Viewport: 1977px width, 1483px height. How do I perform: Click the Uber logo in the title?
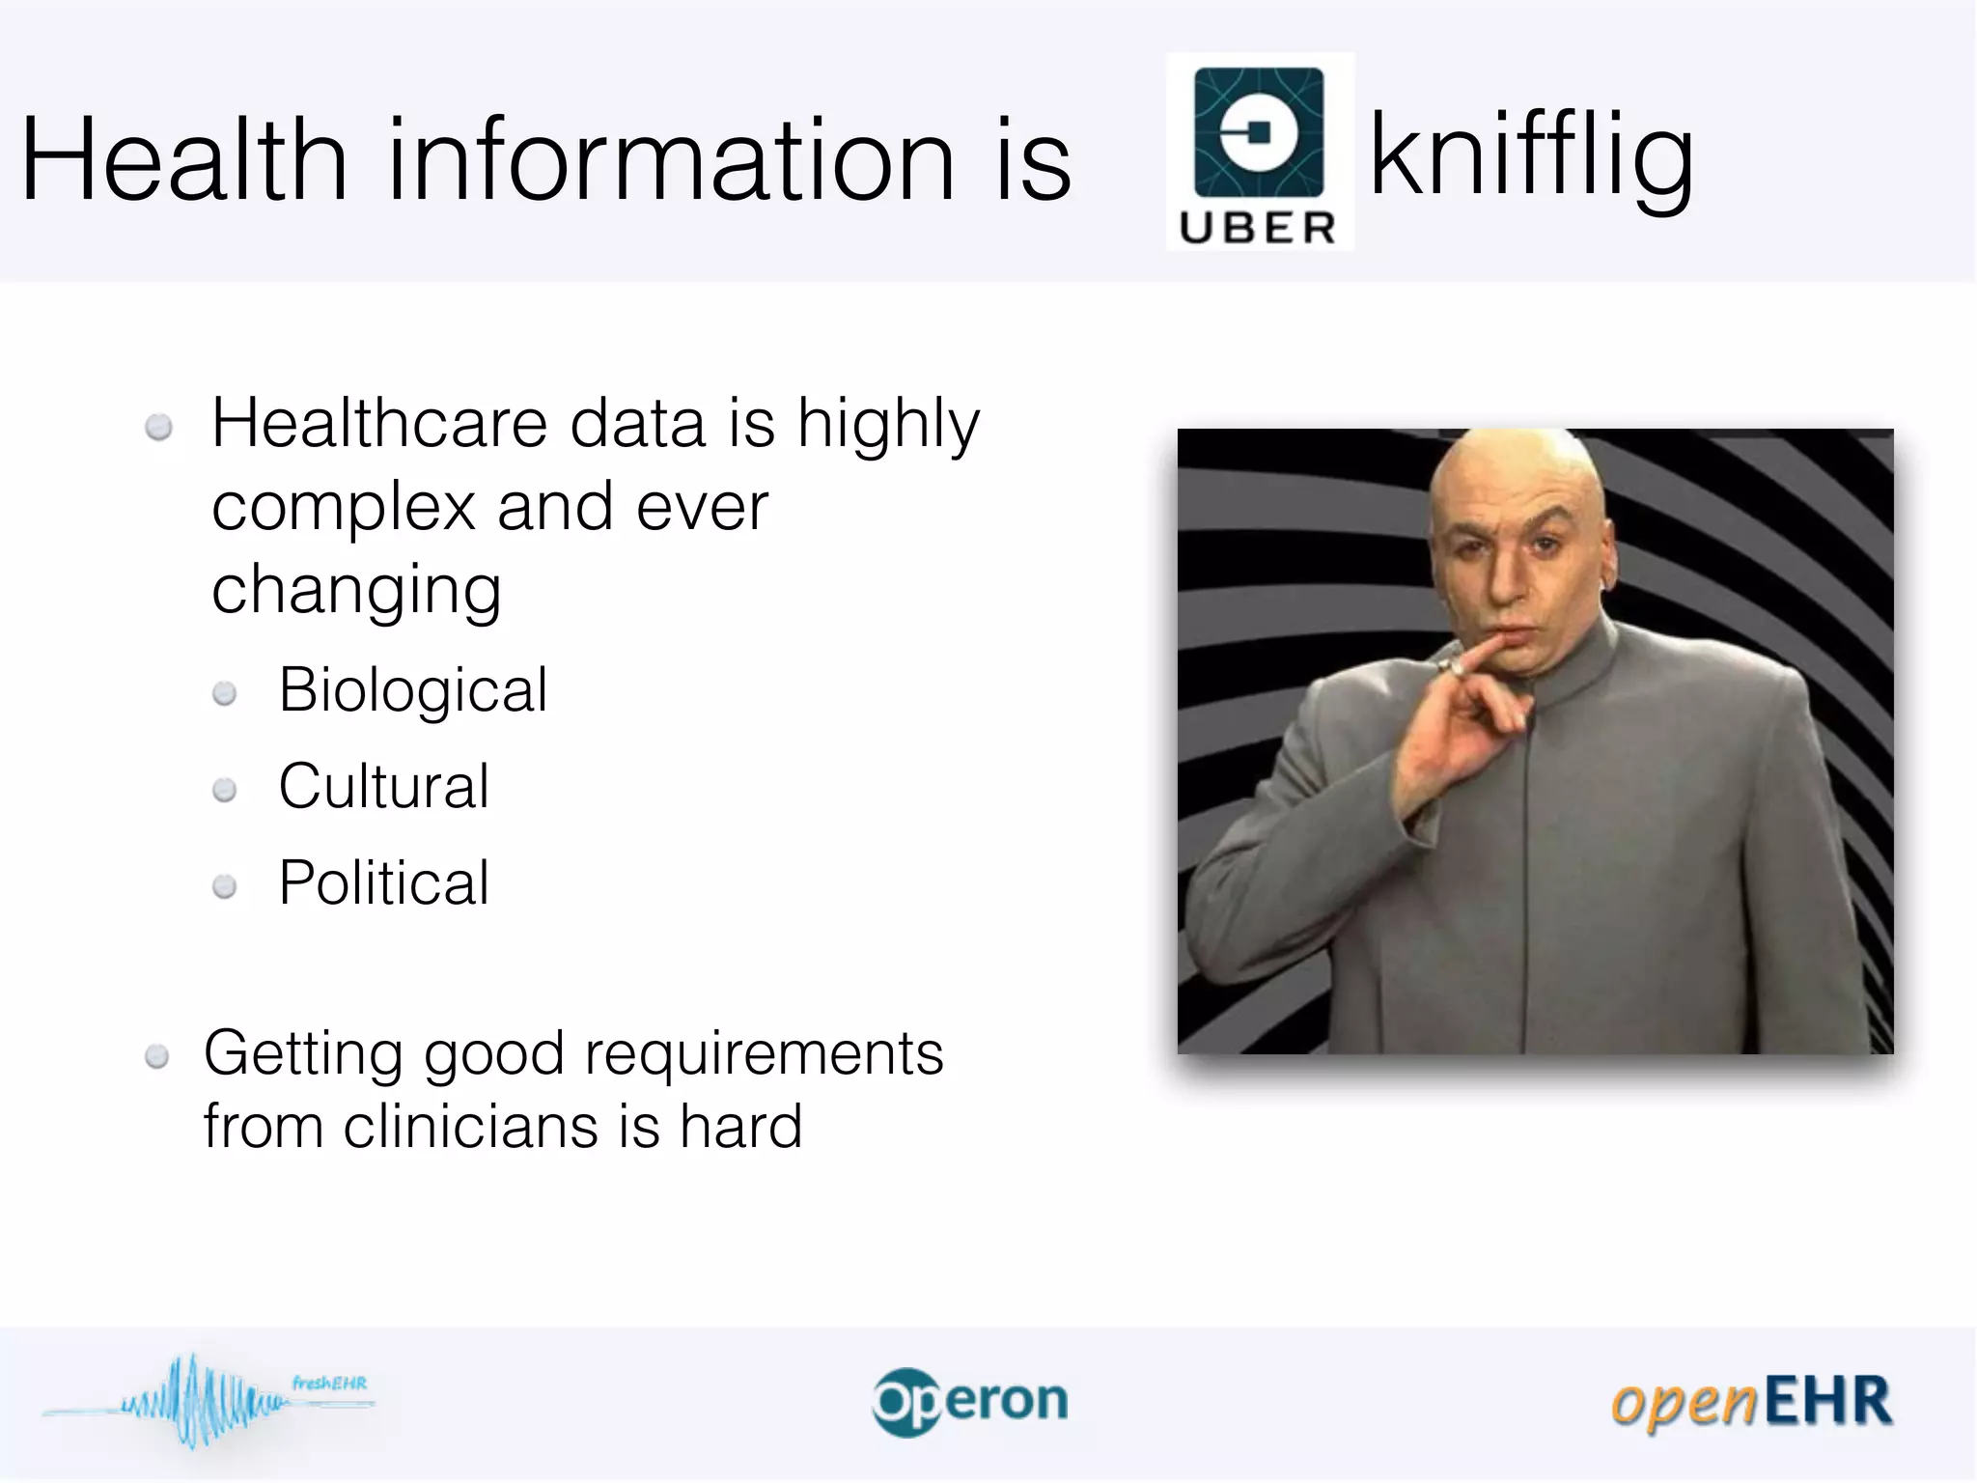pyautogui.click(x=1260, y=152)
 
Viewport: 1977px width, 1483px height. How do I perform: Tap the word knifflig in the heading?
pyautogui.click(x=1531, y=157)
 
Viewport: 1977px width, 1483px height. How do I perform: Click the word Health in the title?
pyautogui.click(x=184, y=159)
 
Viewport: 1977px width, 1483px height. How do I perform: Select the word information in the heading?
pyautogui.click(x=671, y=159)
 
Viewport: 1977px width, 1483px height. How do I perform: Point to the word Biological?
pyautogui.click(x=413, y=690)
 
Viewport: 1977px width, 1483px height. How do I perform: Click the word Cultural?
pyautogui.click(x=384, y=786)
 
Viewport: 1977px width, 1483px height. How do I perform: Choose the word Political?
pyautogui.click(x=384, y=882)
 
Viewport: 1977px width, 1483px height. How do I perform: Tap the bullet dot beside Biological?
pyautogui.click(x=225, y=693)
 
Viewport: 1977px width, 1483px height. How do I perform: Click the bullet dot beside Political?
pyautogui.click(x=225, y=886)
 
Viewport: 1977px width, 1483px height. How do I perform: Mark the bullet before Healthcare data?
pyautogui.click(x=158, y=427)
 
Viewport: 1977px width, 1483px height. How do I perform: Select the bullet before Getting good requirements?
pyautogui.click(x=157, y=1057)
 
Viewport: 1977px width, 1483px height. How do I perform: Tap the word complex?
pyautogui.click(x=344, y=508)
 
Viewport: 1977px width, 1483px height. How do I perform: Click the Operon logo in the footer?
pyautogui.click(x=970, y=1402)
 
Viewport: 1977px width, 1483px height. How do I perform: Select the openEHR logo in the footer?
pyautogui.click(x=1751, y=1402)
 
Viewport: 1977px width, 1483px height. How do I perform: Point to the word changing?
pyautogui.click(x=356, y=591)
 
